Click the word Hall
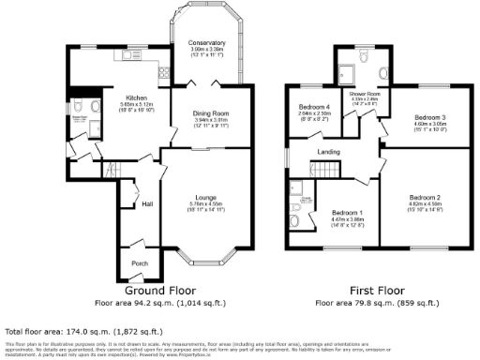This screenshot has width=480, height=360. pyautogui.click(x=147, y=203)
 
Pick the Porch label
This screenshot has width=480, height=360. pyautogui.click(x=140, y=262)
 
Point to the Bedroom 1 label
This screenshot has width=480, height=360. pyautogui.click(x=348, y=213)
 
